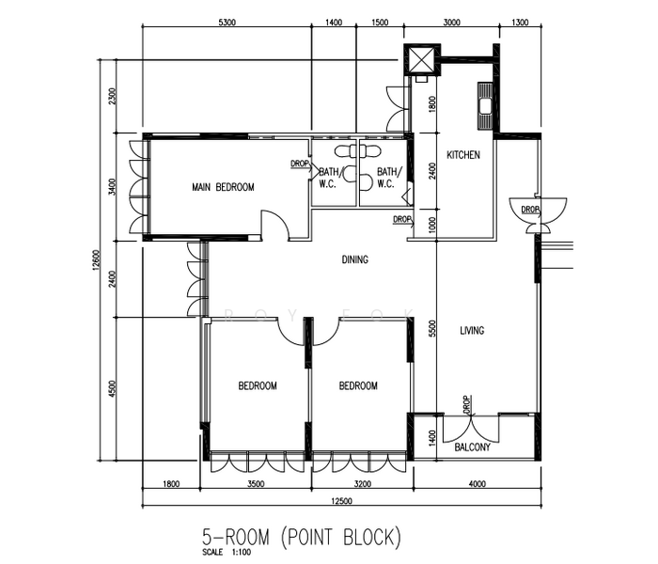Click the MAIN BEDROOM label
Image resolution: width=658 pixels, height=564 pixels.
223,187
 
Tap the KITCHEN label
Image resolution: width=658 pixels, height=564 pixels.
463,155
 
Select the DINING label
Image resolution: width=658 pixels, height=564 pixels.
355,259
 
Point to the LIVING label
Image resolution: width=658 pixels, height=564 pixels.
472,331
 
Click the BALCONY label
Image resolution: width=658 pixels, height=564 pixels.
473,447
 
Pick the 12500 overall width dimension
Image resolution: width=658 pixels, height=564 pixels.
341,501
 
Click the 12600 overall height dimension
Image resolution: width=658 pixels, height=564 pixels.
96,260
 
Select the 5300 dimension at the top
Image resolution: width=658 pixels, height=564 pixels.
227,23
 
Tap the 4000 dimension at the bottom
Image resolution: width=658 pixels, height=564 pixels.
478,484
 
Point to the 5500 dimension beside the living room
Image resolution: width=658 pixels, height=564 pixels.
432,328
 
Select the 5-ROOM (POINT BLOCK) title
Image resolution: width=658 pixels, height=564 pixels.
302,537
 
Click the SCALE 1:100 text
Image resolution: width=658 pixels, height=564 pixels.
227,552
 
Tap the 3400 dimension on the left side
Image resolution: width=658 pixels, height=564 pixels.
111,187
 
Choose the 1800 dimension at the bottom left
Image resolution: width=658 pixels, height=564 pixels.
171,484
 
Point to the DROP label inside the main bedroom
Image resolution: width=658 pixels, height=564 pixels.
300,164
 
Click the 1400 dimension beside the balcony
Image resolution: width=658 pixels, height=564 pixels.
432,438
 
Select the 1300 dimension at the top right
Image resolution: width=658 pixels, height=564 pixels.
520,23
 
